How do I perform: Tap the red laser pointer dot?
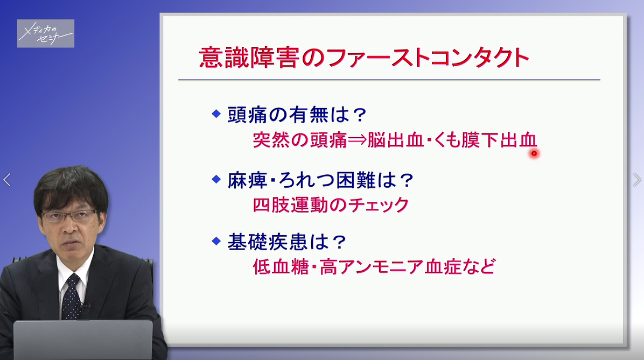(x=534, y=153)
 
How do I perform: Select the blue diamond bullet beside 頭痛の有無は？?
(x=216, y=113)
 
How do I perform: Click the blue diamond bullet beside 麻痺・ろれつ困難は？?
(x=216, y=178)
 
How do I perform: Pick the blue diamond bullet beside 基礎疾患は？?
(x=216, y=240)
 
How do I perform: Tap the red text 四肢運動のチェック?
(x=331, y=205)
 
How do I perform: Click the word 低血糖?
(x=282, y=267)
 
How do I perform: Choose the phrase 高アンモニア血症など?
(x=407, y=267)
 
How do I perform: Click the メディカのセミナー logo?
(x=46, y=33)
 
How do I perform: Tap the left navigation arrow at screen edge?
(x=7, y=180)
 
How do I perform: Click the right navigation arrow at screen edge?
(x=636, y=180)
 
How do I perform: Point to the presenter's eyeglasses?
(x=68, y=216)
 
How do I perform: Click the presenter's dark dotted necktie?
(x=71, y=296)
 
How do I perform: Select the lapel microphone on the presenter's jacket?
(x=85, y=308)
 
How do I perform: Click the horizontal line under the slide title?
(x=389, y=80)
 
